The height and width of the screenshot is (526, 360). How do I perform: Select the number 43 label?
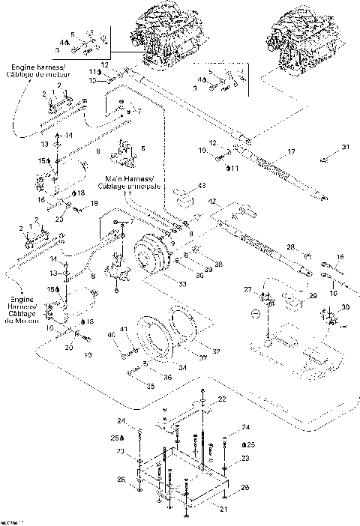pos(202,185)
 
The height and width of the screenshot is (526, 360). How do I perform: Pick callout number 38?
pos(219,264)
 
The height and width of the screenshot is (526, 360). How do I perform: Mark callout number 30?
pos(346,308)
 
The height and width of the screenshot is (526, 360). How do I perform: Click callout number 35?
pos(150,387)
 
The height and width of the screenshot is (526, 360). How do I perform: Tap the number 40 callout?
pos(111,335)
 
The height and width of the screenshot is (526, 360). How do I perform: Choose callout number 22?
pos(222,399)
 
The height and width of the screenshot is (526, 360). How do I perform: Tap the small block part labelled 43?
pos(184,199)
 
